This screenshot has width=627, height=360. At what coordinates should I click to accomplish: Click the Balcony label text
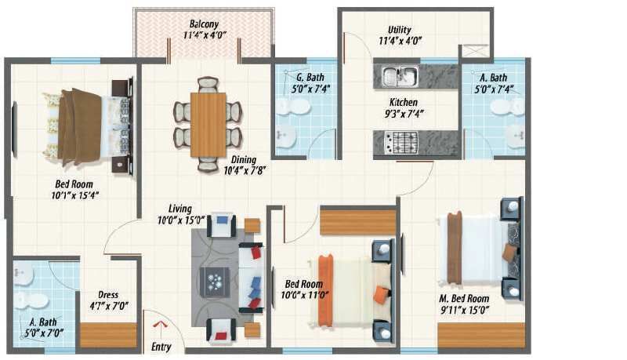click(203, 24)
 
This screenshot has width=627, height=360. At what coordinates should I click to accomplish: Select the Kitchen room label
click(404, 102)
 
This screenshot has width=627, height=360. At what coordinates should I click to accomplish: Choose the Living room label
click(180, 209)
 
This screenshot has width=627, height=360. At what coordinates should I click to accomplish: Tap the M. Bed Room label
click(466, 299)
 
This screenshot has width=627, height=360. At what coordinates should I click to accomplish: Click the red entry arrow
click(160, 325)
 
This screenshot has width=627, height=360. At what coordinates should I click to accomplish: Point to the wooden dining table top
click(208, 124)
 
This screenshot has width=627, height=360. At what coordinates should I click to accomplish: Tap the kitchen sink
click(399, 76)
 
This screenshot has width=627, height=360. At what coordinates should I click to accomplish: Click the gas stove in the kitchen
click(400, 142)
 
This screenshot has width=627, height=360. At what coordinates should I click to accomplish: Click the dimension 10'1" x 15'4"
click(71, 195)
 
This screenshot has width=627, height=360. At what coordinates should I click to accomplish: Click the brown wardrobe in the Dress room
click(108, 334)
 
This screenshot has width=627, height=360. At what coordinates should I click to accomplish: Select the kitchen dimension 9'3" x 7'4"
click(404, 114)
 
